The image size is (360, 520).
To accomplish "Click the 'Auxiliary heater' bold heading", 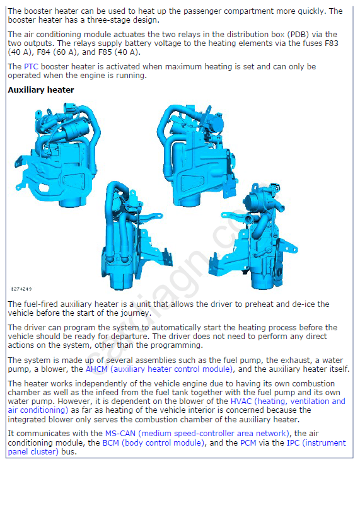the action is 41,90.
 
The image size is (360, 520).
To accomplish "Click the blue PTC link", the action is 31,67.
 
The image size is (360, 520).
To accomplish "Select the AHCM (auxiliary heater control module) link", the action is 160,369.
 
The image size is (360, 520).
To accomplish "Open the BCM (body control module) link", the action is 154,442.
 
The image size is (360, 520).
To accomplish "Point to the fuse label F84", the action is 45,52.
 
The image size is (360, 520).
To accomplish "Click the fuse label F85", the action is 107,52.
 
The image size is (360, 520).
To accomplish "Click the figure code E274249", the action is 21,289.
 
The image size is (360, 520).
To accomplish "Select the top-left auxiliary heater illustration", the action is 58,154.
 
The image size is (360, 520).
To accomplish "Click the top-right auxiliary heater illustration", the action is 197,154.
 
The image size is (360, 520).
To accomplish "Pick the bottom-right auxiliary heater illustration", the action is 254,236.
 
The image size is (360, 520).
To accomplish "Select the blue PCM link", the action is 248,442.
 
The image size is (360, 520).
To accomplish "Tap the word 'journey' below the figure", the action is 136,313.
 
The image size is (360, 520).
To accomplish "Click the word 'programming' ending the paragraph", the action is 175,345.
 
